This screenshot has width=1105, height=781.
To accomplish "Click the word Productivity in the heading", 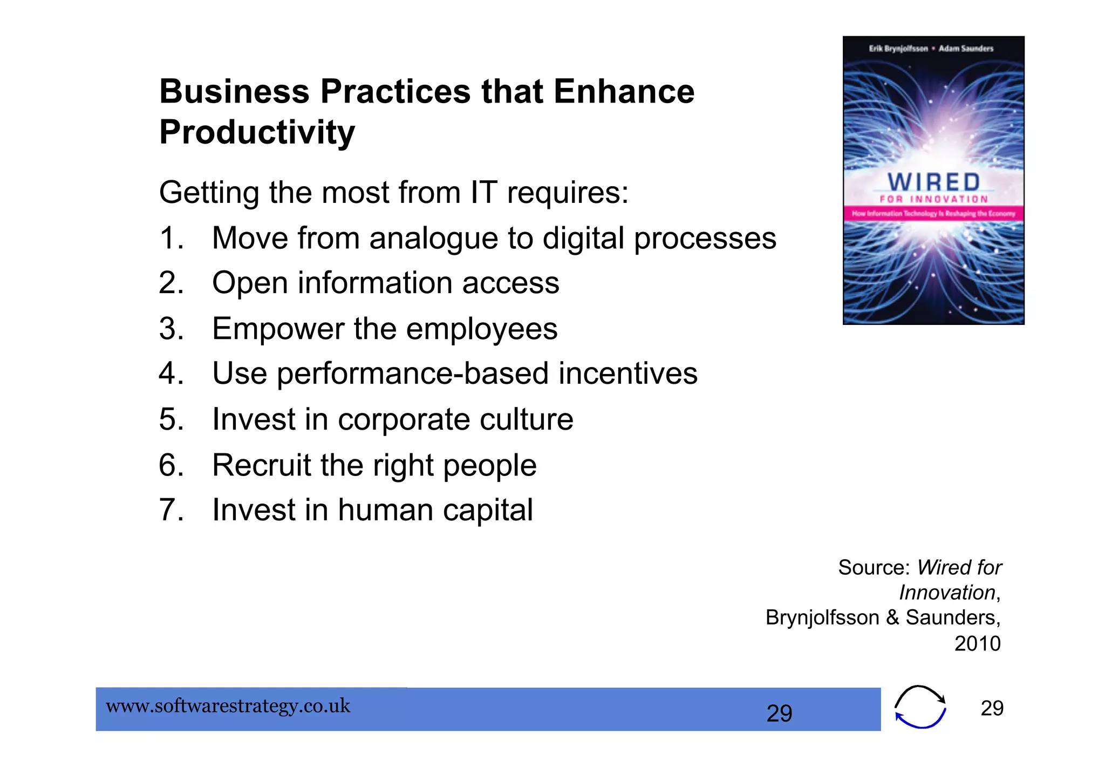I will point(257,132).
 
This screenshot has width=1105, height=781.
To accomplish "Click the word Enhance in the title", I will point(624,91).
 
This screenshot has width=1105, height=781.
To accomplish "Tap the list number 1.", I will point(170,238).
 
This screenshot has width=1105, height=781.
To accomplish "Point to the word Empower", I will point(278,329).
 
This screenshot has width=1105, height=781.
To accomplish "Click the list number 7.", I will point(170,510).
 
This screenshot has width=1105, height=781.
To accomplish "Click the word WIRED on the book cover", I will point(933,182).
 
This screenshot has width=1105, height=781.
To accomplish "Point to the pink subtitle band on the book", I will point(933,213).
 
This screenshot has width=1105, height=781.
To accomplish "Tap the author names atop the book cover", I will point(931,49).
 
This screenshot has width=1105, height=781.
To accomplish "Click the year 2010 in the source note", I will point(977,643).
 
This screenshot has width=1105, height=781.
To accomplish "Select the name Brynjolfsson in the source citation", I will point(822,617).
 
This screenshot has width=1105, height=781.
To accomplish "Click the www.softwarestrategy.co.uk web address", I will point(228,706).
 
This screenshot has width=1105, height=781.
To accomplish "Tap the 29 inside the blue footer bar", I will point(779,713).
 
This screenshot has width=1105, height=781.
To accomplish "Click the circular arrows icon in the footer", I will point(920,707).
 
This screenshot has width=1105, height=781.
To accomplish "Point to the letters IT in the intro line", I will point(483,192).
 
